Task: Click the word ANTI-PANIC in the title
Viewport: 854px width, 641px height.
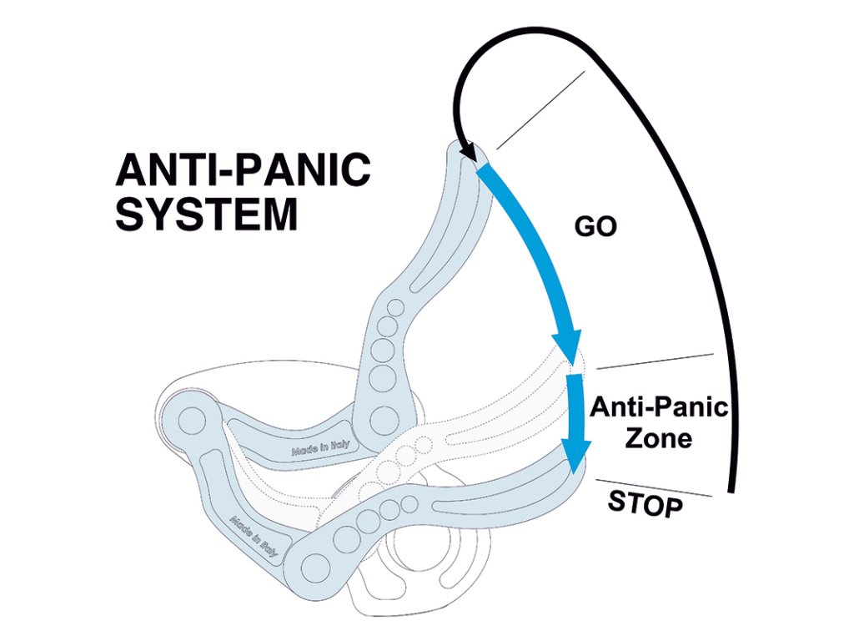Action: pos(243,169)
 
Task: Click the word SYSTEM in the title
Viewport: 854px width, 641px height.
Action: pos(207,215)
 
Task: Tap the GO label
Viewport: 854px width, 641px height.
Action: pos(595,227)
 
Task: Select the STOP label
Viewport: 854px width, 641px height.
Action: pos(645,503)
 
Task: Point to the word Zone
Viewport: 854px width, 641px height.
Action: pos(659,438)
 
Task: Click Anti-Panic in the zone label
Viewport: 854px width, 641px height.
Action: pos(659,407)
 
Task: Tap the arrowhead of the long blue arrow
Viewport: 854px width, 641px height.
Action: pos(567,346)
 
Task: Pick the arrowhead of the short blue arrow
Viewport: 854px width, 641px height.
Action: pos(576,456)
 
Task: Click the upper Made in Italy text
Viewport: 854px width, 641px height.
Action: pos(320,447)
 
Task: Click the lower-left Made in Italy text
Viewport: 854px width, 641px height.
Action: pos(254,537)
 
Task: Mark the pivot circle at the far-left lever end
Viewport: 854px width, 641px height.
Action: pos(189,421)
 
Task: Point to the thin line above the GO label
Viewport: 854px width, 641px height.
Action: pos(540,109)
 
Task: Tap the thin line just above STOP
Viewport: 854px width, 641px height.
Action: pos(653,488)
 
